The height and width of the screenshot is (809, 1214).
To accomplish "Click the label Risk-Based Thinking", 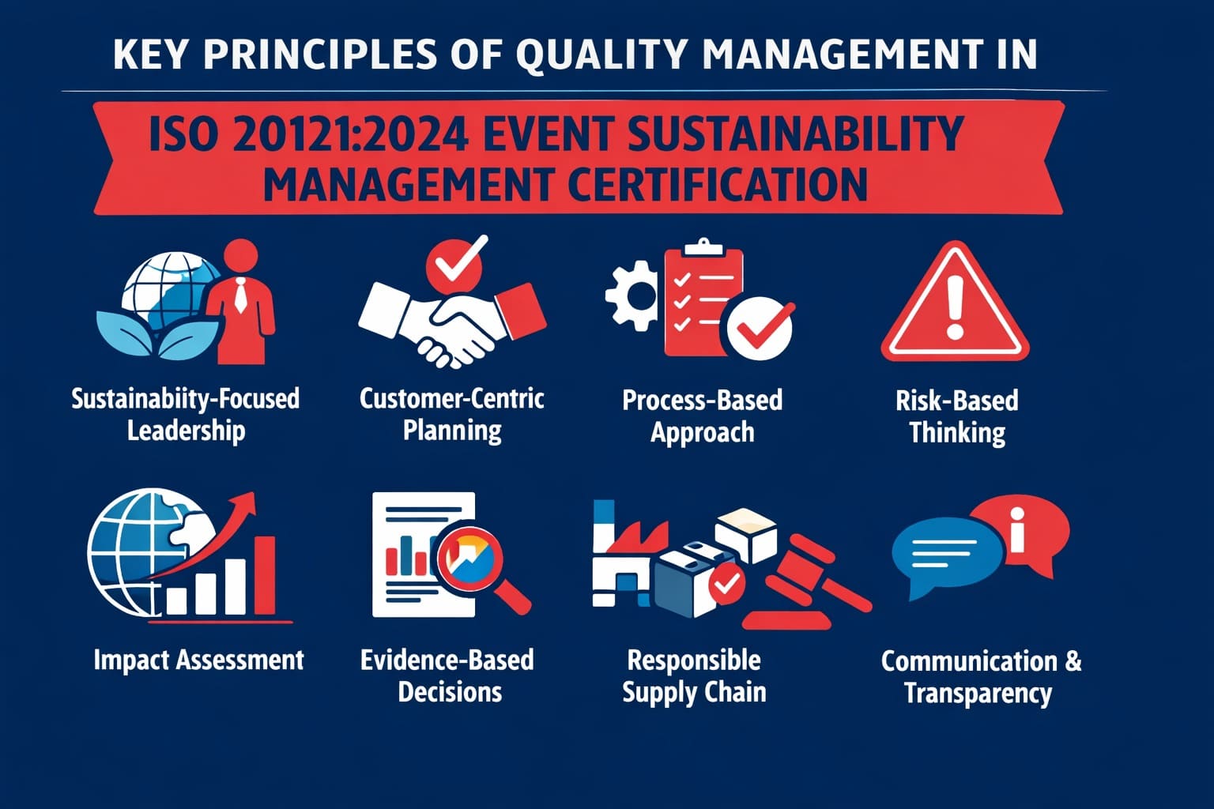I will click(x=956, y=416).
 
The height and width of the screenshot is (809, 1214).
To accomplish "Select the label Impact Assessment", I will click(x=198, y=660).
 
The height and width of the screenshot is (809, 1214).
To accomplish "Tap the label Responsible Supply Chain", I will click(x=694, y=675).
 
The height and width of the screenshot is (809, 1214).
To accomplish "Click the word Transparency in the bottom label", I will click(x=978, y=694).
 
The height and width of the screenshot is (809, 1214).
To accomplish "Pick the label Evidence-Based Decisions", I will click(x=448, y=675).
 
